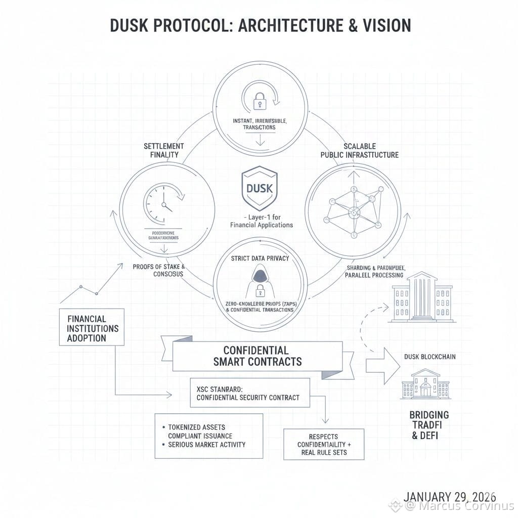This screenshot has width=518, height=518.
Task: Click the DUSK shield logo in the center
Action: click(259, 189)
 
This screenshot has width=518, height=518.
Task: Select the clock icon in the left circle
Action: click(160, 200)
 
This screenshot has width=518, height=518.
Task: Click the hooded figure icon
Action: click(259, 282)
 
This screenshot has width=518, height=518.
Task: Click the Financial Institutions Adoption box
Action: click(92, 327)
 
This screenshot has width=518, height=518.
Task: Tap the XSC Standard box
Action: click(243, 393)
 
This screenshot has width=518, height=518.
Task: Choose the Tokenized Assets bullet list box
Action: click(208, 436)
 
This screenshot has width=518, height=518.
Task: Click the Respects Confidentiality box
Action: click(323, 444)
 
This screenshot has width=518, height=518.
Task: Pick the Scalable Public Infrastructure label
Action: click(360, 150)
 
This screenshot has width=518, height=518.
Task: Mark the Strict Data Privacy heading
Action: click(260, 258)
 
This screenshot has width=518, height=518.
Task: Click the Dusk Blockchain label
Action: click(429, 357)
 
